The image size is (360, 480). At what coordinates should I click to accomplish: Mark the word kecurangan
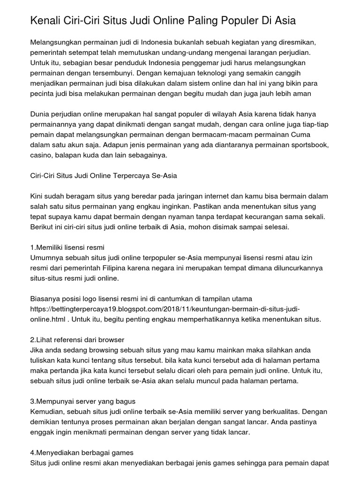point(254,217)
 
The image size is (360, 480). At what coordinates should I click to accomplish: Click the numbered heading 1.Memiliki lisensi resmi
point(67,247)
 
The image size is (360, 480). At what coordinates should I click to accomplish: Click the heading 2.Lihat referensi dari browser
point(77,339)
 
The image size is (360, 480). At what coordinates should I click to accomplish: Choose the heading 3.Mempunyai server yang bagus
point(82,401)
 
